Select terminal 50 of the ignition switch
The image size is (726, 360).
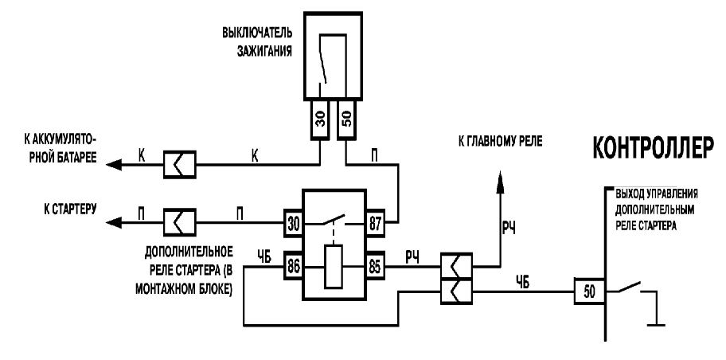[x=348, y=119]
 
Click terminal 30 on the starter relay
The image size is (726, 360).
[x=294, y=223]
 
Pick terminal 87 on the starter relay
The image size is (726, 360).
[x=375, y=223]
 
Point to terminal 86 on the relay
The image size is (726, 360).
[x=294, y=267]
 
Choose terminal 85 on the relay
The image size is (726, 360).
[x=375, y=267]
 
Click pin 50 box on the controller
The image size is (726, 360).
[x=589, y=292]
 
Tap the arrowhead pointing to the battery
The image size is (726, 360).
[x=114, y=164]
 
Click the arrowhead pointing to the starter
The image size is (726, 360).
[x=114, y=223]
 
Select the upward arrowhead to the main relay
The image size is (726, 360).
[x=500, y=180]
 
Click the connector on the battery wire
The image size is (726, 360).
[x=180, y=165]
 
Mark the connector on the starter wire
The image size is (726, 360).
[x=180, y=223]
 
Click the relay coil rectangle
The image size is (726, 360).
[x=334, y=267]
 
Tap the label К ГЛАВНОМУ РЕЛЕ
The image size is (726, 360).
[x=500, y=142]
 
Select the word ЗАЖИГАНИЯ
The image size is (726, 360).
[x=265, y=50]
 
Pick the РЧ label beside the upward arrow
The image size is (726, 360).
[x=509, y=228]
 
